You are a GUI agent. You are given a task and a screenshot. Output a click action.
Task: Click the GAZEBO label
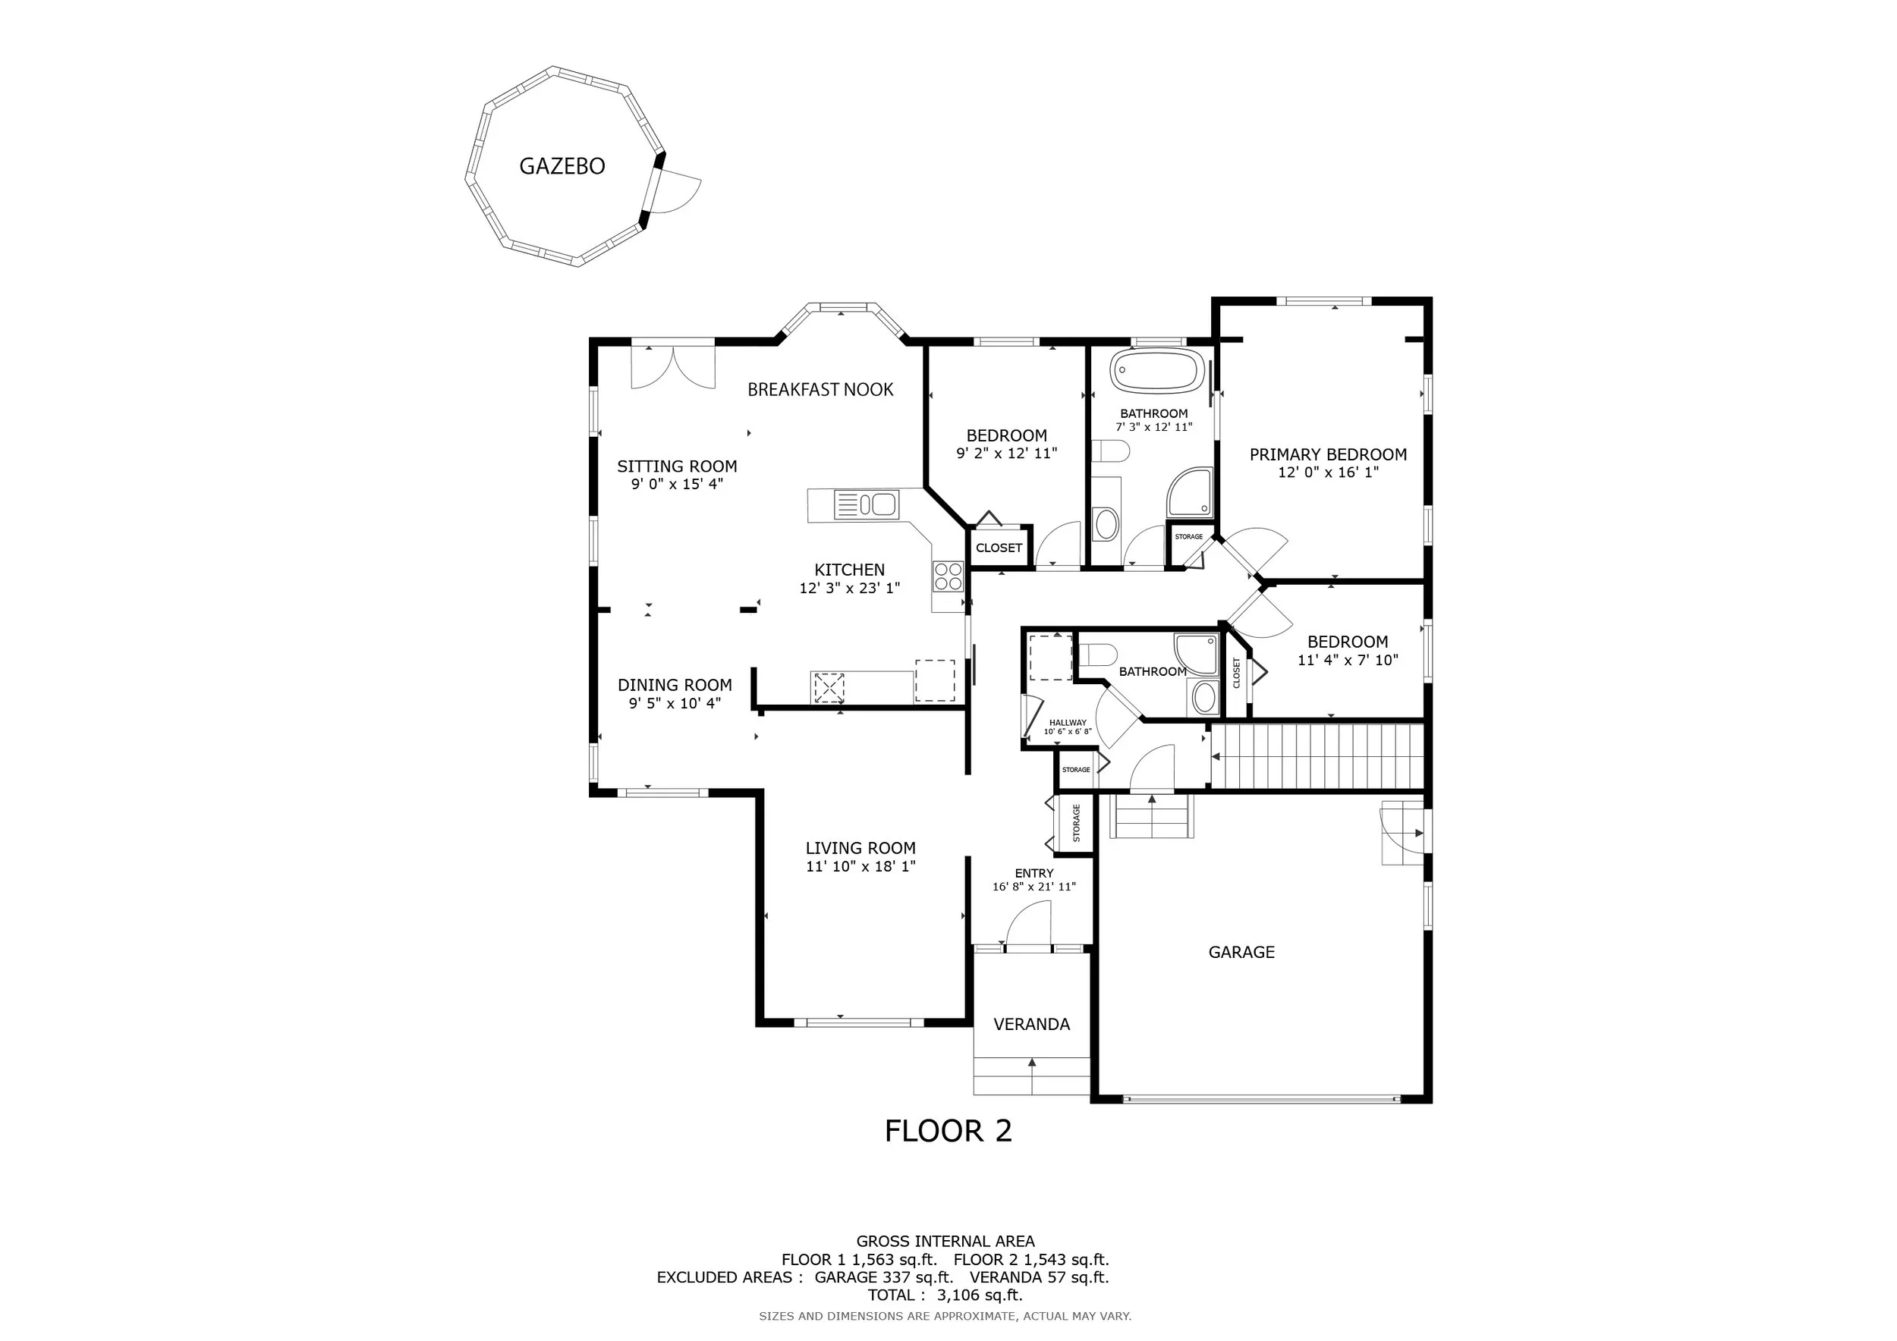tap(562, 166)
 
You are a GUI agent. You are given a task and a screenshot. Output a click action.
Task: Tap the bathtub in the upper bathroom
tap(1156, 372)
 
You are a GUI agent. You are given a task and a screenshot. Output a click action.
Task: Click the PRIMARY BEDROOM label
tap(1328, 454)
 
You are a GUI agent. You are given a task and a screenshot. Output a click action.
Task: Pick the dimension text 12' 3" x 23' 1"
tap(849, 588)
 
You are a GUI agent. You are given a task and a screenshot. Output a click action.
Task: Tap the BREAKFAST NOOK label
tap(820, 390)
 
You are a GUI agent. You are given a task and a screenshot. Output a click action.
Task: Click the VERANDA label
tap(1031, 1025)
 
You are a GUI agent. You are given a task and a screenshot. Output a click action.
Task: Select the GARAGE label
tap(1241, 952)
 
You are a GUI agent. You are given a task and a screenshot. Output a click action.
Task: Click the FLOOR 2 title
tap(948, 1131)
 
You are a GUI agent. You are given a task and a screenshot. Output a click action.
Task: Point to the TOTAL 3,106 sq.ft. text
tap(945, 1295)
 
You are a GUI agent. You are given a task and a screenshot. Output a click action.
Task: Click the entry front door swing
tap(1027, 922)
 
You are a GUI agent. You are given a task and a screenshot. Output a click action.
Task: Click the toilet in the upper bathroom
tap(1110, 452)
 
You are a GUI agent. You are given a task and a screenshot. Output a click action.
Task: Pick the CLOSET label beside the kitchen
tap(999, 548)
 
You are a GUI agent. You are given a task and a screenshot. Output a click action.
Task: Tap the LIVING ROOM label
tap(861, 848)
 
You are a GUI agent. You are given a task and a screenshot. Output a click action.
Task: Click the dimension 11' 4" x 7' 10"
tap(1348, 661)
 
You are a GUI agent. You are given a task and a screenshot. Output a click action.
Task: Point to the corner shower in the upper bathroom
tap(1190, 493)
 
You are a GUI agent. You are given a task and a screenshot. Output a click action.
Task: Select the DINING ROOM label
tap(675, 686)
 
